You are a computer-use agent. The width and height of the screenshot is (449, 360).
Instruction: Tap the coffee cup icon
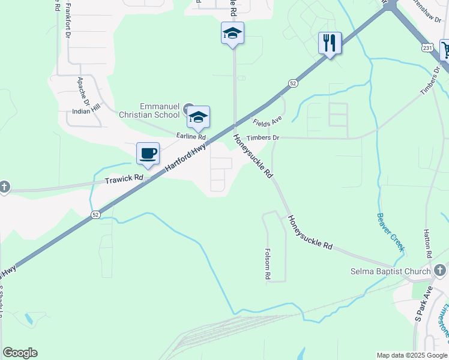coord(148,154)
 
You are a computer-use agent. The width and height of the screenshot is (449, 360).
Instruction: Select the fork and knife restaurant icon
coord(330,43)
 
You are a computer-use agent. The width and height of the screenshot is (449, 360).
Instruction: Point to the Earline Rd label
coord(191,136)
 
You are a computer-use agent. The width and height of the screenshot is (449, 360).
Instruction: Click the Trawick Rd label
coord(124,178)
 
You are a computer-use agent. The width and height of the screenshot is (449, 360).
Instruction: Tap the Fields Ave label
coord(267,122)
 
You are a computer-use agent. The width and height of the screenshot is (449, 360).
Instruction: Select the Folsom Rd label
coord(268,265)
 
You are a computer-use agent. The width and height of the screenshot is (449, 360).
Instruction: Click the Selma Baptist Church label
coord(390,272)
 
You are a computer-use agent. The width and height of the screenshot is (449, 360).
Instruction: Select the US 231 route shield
coord(427,47)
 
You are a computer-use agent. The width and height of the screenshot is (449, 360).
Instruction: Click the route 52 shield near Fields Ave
coord(292,83)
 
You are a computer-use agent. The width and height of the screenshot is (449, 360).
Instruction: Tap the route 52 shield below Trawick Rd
coord(95,214)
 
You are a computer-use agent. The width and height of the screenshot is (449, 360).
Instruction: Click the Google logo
coord(20,353)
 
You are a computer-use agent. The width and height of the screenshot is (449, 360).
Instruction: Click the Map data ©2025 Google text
coord(412,355)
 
